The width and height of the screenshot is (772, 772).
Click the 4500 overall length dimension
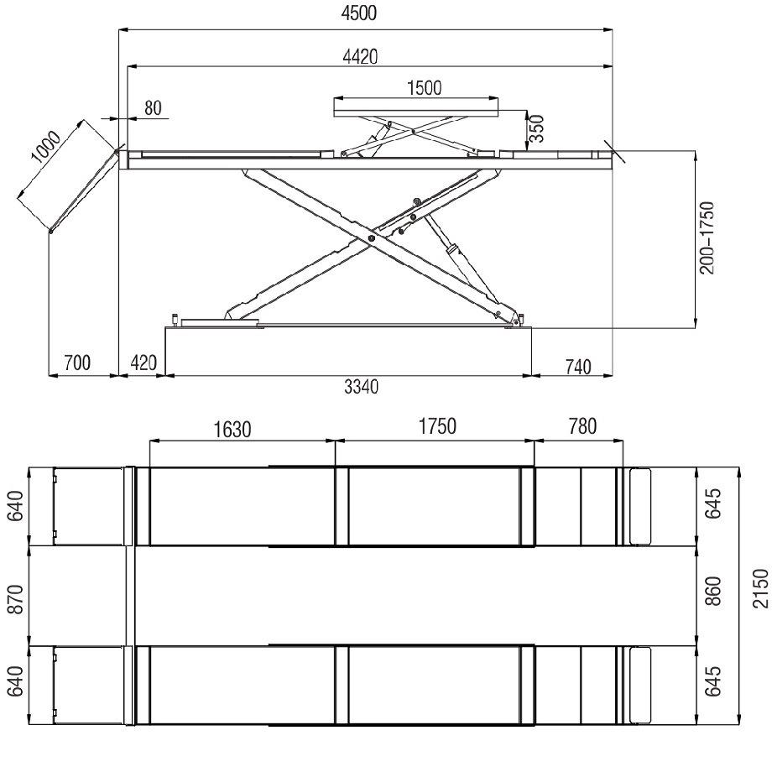(x=359, y=13)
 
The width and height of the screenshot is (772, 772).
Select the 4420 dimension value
(x=360, y=56)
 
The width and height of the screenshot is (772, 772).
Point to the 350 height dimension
(x=538, y=128)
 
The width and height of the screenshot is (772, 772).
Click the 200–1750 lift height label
(x=707, y=237)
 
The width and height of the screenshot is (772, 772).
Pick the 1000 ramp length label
(x=46, y=147)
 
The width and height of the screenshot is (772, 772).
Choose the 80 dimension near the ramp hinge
(x=153, y=107)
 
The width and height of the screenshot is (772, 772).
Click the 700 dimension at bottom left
(x=77, y=363)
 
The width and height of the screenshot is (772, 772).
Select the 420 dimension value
(x=143, y=363)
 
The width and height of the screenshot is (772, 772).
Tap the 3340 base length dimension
(x=362, y=387)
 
